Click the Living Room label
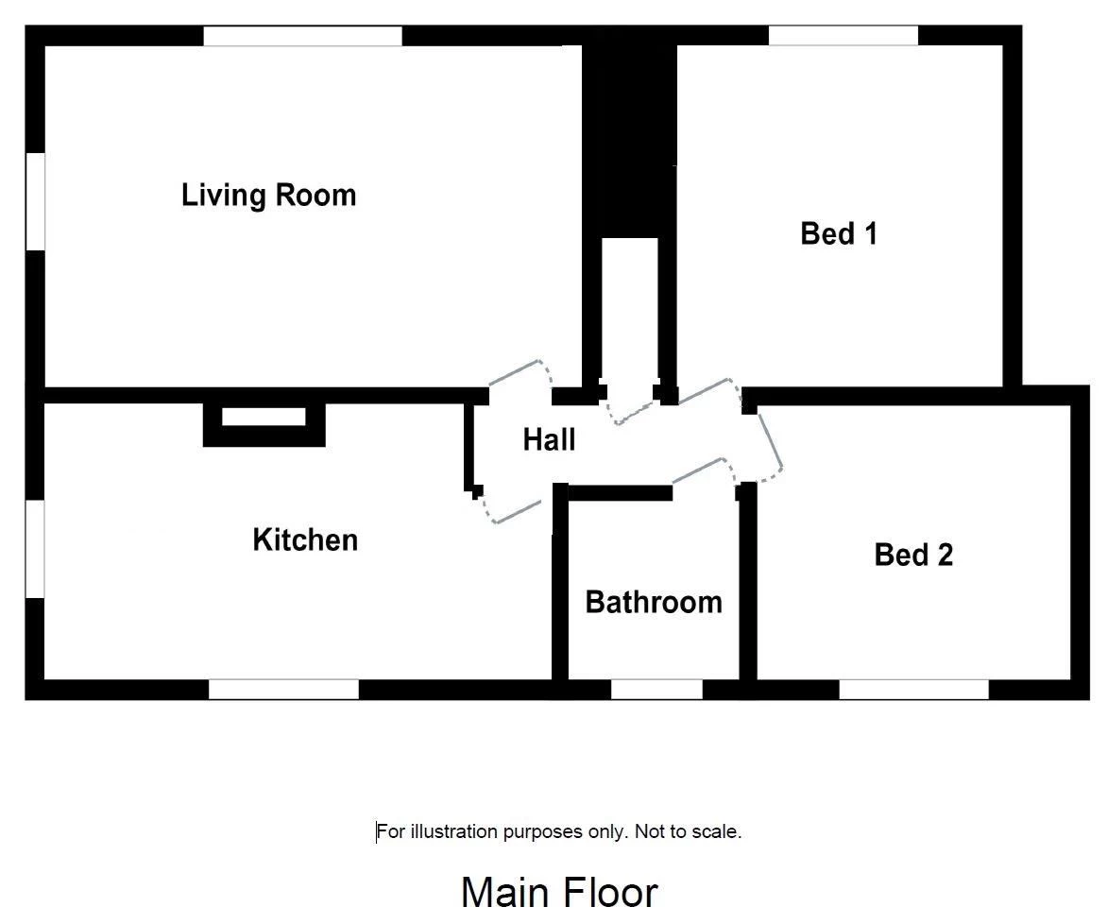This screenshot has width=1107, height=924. tap(268, 196)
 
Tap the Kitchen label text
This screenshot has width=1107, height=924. tap(305, 540)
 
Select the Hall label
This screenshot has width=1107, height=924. tap(549, 439)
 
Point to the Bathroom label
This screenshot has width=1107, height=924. tap(654, 603)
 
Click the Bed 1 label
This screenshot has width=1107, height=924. tap(839, 233)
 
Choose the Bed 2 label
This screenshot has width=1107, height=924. tap(913, 556)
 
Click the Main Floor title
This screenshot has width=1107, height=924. tap(559, 892)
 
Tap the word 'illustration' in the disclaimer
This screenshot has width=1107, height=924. tap(454, 831)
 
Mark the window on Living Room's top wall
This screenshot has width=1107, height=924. tap(303, 36)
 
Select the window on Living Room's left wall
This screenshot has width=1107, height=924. tap(35, 200)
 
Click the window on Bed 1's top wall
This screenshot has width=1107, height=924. tap(843, 35)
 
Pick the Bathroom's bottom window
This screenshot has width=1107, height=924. tap(656, 690)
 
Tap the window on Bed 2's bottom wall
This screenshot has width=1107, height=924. tap(913, 690)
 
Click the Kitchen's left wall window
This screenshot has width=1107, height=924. tap(35, 550)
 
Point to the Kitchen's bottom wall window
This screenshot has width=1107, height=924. tap(283, 690)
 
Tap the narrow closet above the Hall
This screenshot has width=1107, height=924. tap(630, 311)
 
